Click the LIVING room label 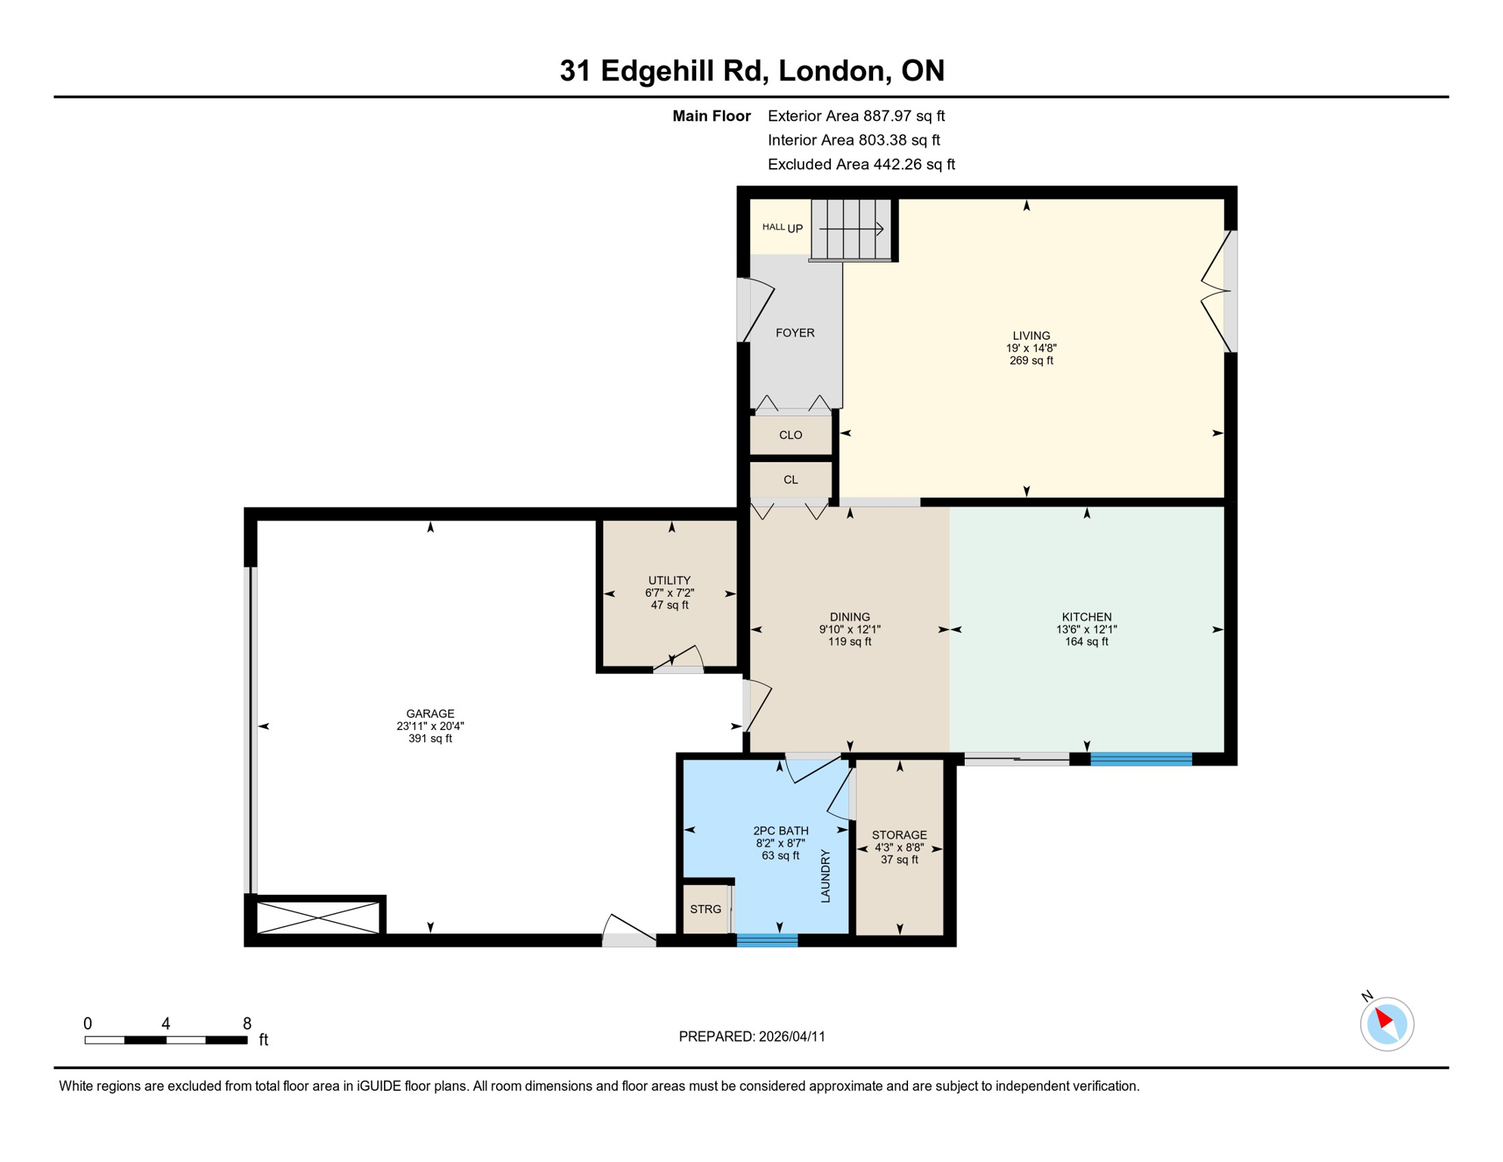pyautogui.click(x=1031, y=335)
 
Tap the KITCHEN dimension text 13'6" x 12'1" pyautogui.click(x=1086, y=629)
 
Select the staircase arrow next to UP pyautogui.click(x=851, y=228)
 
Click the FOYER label pyautogui.click(x=795, y=333)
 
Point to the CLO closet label pyautogui.click(x=790, y=435)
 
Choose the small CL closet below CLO pyautogui.click(x=790, y=480)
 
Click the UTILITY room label pyautogui.click(x=669, y=580)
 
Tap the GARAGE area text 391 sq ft pyautogui.click(x=430, y=738)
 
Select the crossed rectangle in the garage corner pyautogui.click(x=318, y=917)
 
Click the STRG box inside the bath pyautogui.click(x=705, y=909)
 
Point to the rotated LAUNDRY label pyautogui.click(x=826, y=876)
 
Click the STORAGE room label pyautogui.click(x=899, y=835)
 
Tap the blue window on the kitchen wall pyautogui.click(x=1141, y=760)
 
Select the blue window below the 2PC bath pyautogui.click(x=767, y=940)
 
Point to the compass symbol pyautogui.click(x=1387, y=1024)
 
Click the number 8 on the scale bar pyautogui.click(x=247, y=1024)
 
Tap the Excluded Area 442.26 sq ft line pyautogui.click(x=860, y=164)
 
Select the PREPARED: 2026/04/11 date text pyautogui.click(x=751, y=1036)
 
